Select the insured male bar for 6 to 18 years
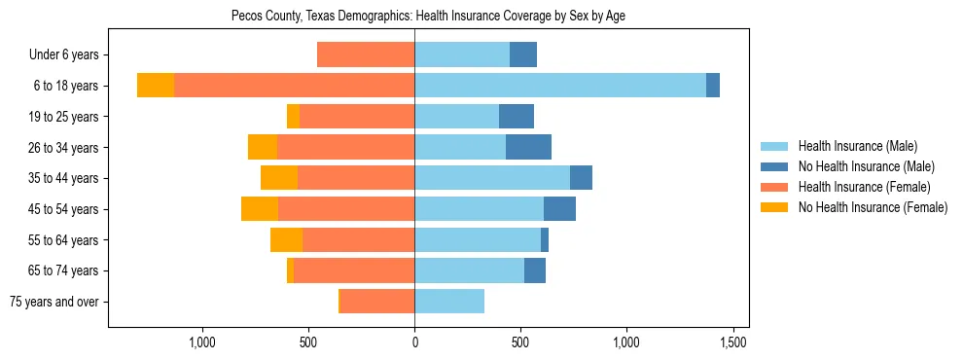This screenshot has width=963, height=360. (560, 86)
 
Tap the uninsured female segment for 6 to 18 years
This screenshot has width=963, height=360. (156, 86)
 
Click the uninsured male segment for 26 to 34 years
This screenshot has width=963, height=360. (528, 147)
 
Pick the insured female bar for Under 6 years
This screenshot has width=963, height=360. (366, 54)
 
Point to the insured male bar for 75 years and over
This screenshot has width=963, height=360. (449, 302)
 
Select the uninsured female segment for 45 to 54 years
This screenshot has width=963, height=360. (260, 209)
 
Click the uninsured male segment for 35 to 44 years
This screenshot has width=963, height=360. (581, 178)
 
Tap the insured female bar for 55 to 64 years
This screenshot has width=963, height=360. (358, 240)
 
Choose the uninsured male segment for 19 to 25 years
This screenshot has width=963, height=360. (517, 117)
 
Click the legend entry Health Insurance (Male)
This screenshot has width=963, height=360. (857, 146)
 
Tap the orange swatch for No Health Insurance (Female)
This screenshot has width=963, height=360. (774, 207)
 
